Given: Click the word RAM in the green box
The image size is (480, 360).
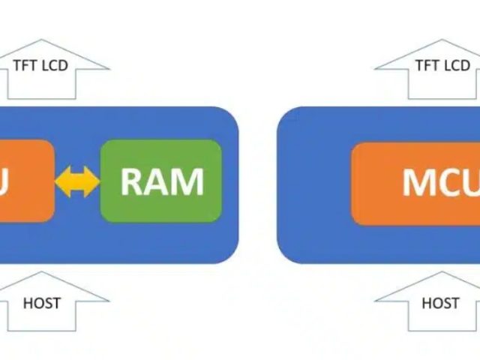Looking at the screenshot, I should click(161, 181).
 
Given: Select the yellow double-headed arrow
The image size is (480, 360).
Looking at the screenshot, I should click(77, 181).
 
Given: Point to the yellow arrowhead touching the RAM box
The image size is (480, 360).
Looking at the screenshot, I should click(92, 181).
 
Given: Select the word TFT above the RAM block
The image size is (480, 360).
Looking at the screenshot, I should click(28, 65).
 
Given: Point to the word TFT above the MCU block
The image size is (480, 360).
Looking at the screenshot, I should click(428, 65).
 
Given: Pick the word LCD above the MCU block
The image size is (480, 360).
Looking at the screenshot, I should click(456, 65).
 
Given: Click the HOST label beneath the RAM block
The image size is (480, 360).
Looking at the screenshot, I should click(42, 303).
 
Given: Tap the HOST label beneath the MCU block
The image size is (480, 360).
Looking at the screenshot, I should click(440, 303).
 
